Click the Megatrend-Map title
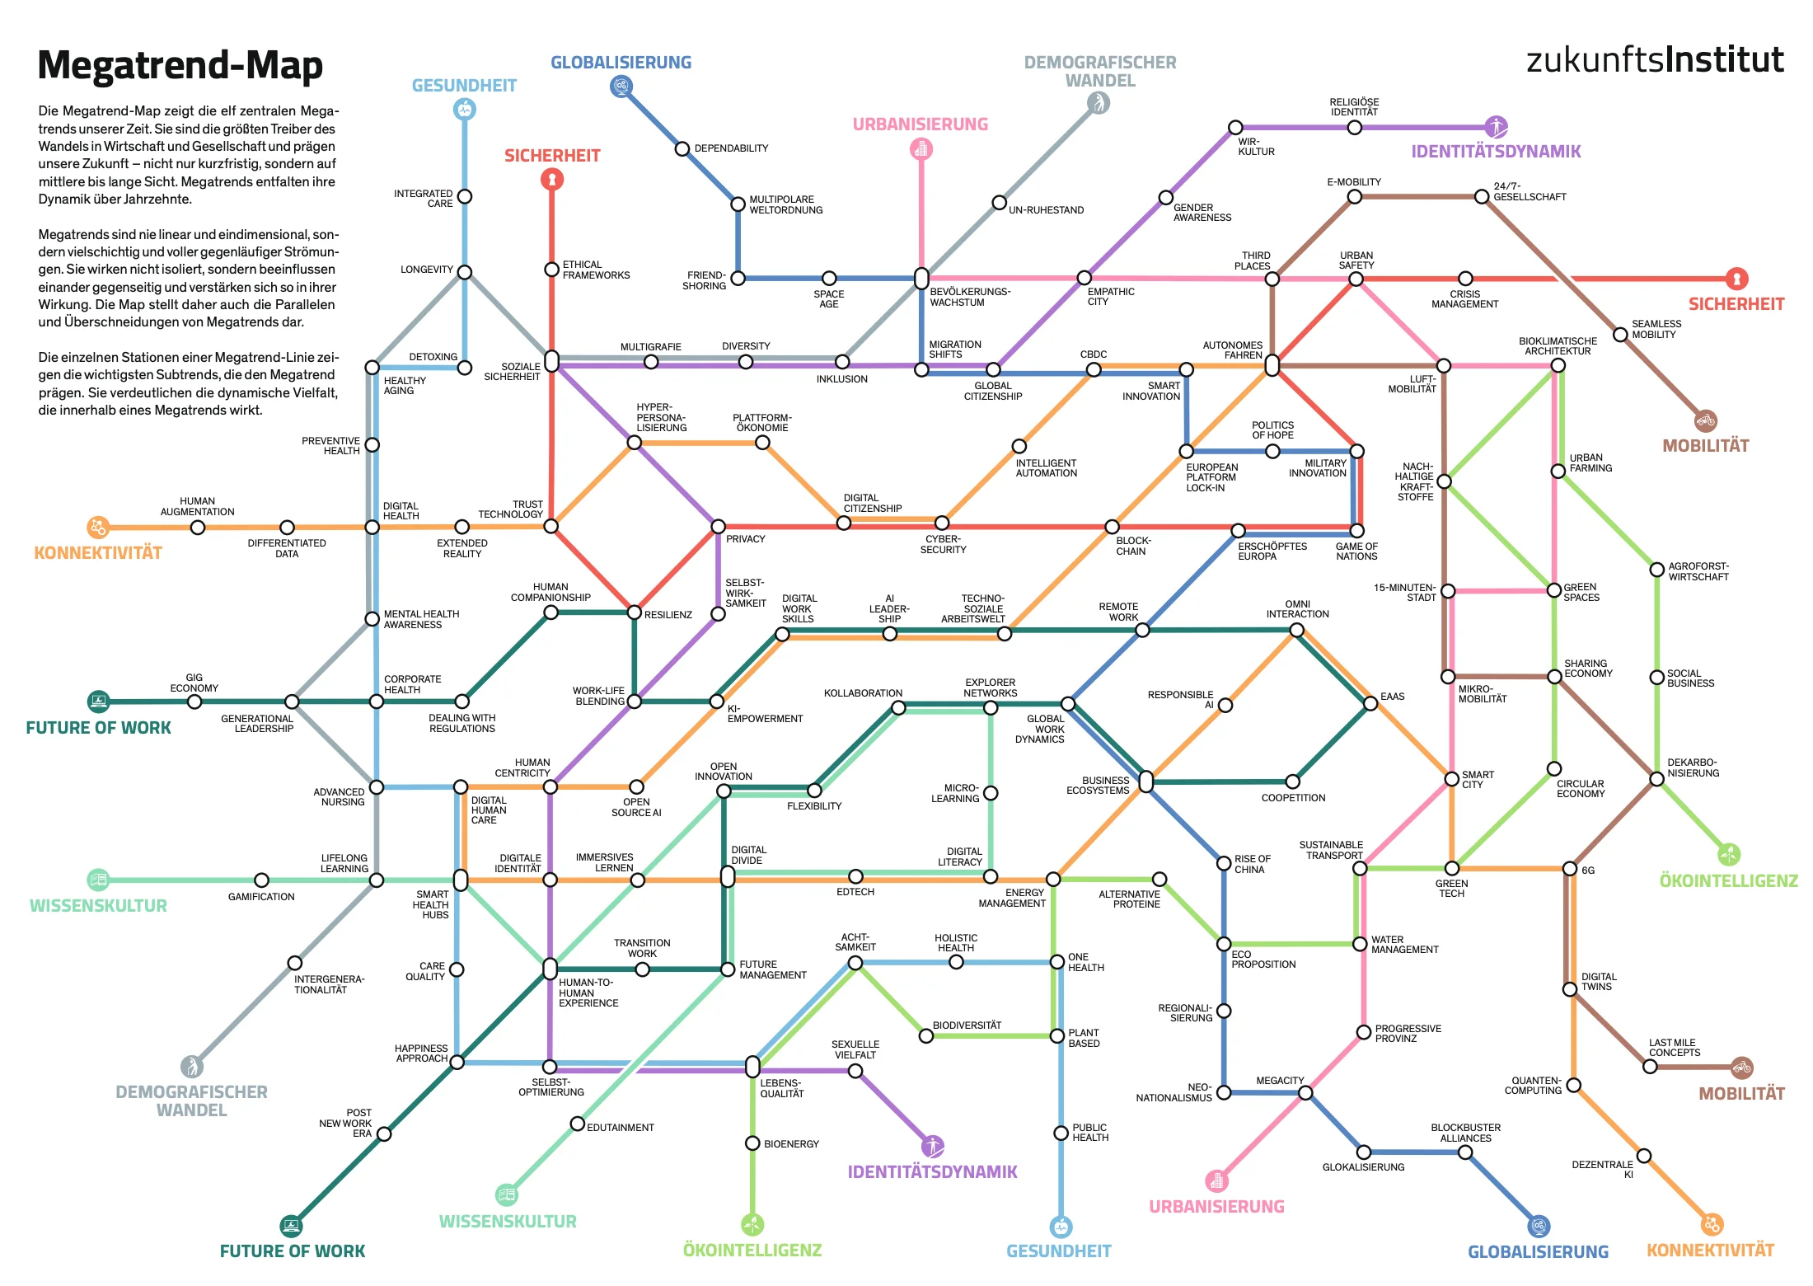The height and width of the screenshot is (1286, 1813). coord(180,65)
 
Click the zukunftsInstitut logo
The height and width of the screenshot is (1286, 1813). coord(1654,60)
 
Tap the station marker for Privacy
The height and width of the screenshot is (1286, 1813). coord(718,526)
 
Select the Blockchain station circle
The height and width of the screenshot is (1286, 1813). coord(1112,527)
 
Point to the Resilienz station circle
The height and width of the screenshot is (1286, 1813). coord(634,612)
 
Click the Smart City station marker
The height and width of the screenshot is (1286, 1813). coord(1451,779)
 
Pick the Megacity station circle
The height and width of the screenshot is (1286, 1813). coord(1305,1093)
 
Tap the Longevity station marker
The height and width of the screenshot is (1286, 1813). coord(465,272)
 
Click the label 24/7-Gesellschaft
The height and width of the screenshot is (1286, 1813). coord(1530,192)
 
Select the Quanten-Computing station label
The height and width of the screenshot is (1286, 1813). coord(1533,1086)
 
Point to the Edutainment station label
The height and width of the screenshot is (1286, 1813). coord(620,1128)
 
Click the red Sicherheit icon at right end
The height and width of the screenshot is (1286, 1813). coord(1736,279)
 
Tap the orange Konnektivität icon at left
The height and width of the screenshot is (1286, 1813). coord(98,527)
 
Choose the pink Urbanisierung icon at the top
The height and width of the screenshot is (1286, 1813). coord(921,148)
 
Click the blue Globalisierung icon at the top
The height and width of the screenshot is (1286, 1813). coord(621,86)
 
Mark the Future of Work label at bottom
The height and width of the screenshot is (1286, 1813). coord(292,1251)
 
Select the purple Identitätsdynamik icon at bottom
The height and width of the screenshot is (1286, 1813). coord(932,1146)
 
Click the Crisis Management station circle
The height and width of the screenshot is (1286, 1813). coord(1465,279)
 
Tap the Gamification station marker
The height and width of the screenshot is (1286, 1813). coord(261,880)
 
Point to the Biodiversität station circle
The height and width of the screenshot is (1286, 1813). coord(926,1035)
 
